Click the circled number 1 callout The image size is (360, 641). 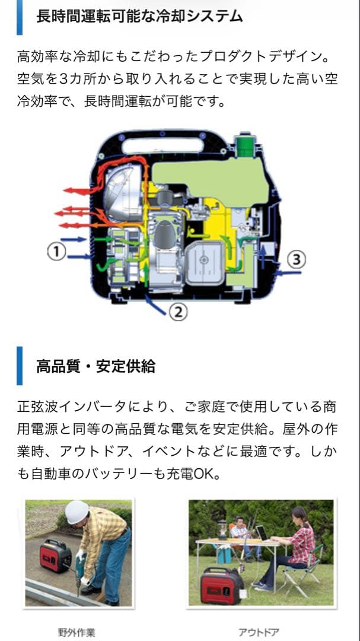(56, 252)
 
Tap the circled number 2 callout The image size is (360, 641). (179, 311)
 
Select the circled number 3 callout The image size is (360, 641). (298, 259)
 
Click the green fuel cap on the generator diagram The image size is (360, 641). (245, 146)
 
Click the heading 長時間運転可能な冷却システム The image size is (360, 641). (139, 17)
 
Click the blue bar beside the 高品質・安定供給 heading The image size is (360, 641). (20, 366)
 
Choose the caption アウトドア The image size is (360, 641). (259, 632)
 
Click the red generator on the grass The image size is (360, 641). (220, 585)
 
